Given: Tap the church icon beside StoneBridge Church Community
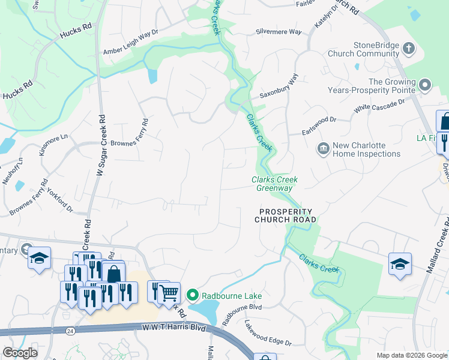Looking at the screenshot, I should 408,48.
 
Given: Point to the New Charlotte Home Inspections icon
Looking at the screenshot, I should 323,148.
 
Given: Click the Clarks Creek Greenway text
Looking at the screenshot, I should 274,184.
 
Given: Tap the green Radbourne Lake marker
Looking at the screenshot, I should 192,295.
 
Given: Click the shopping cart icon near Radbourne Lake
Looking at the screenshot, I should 170,292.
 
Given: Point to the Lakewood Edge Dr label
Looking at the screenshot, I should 268,334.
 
